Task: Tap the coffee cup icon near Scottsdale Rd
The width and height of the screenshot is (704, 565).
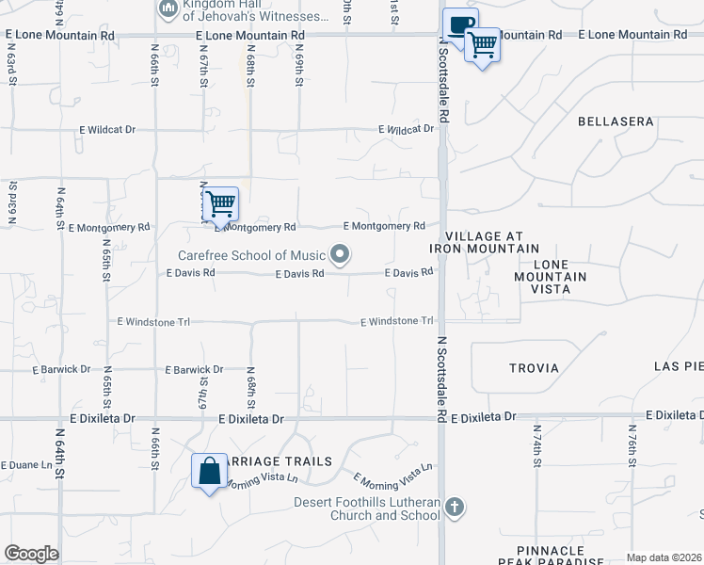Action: point(460,24)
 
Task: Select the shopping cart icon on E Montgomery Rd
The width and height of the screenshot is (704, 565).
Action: point(220,202)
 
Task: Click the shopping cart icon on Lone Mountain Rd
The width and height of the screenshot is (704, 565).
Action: point(483,42)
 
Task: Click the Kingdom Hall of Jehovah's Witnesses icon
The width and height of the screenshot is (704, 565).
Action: point(168,8)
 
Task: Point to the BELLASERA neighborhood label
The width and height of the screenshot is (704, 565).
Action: point(615,122)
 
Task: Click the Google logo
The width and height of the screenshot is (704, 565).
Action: point(31,554)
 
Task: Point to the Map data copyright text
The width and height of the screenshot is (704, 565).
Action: point(664,557)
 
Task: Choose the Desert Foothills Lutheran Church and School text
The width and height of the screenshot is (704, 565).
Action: point(367,508)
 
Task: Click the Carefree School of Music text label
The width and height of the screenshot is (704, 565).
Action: point(251,255)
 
